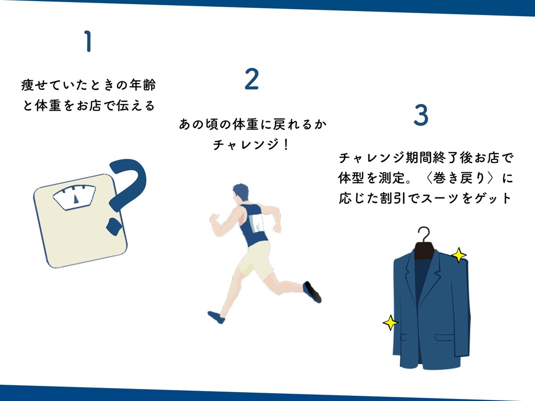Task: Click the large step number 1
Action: [x=88, y=41]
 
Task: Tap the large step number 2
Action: [x=252, y=79]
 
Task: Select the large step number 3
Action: [x=421, y=115]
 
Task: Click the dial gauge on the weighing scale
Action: [x=74, y=197]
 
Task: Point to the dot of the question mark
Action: [x=113, y=226]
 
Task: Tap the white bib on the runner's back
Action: [x=256, y=223]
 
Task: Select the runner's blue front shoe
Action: [x=216, y=317]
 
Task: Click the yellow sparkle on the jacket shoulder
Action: [x=459, y=255]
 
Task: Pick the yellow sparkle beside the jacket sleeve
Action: [x=390, y=323]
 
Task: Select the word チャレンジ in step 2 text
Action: [x=246, y=145]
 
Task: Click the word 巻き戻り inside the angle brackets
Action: [x=460, y=178]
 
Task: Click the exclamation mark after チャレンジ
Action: [x=286, y=144]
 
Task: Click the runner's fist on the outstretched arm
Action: [x=214, y=218]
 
